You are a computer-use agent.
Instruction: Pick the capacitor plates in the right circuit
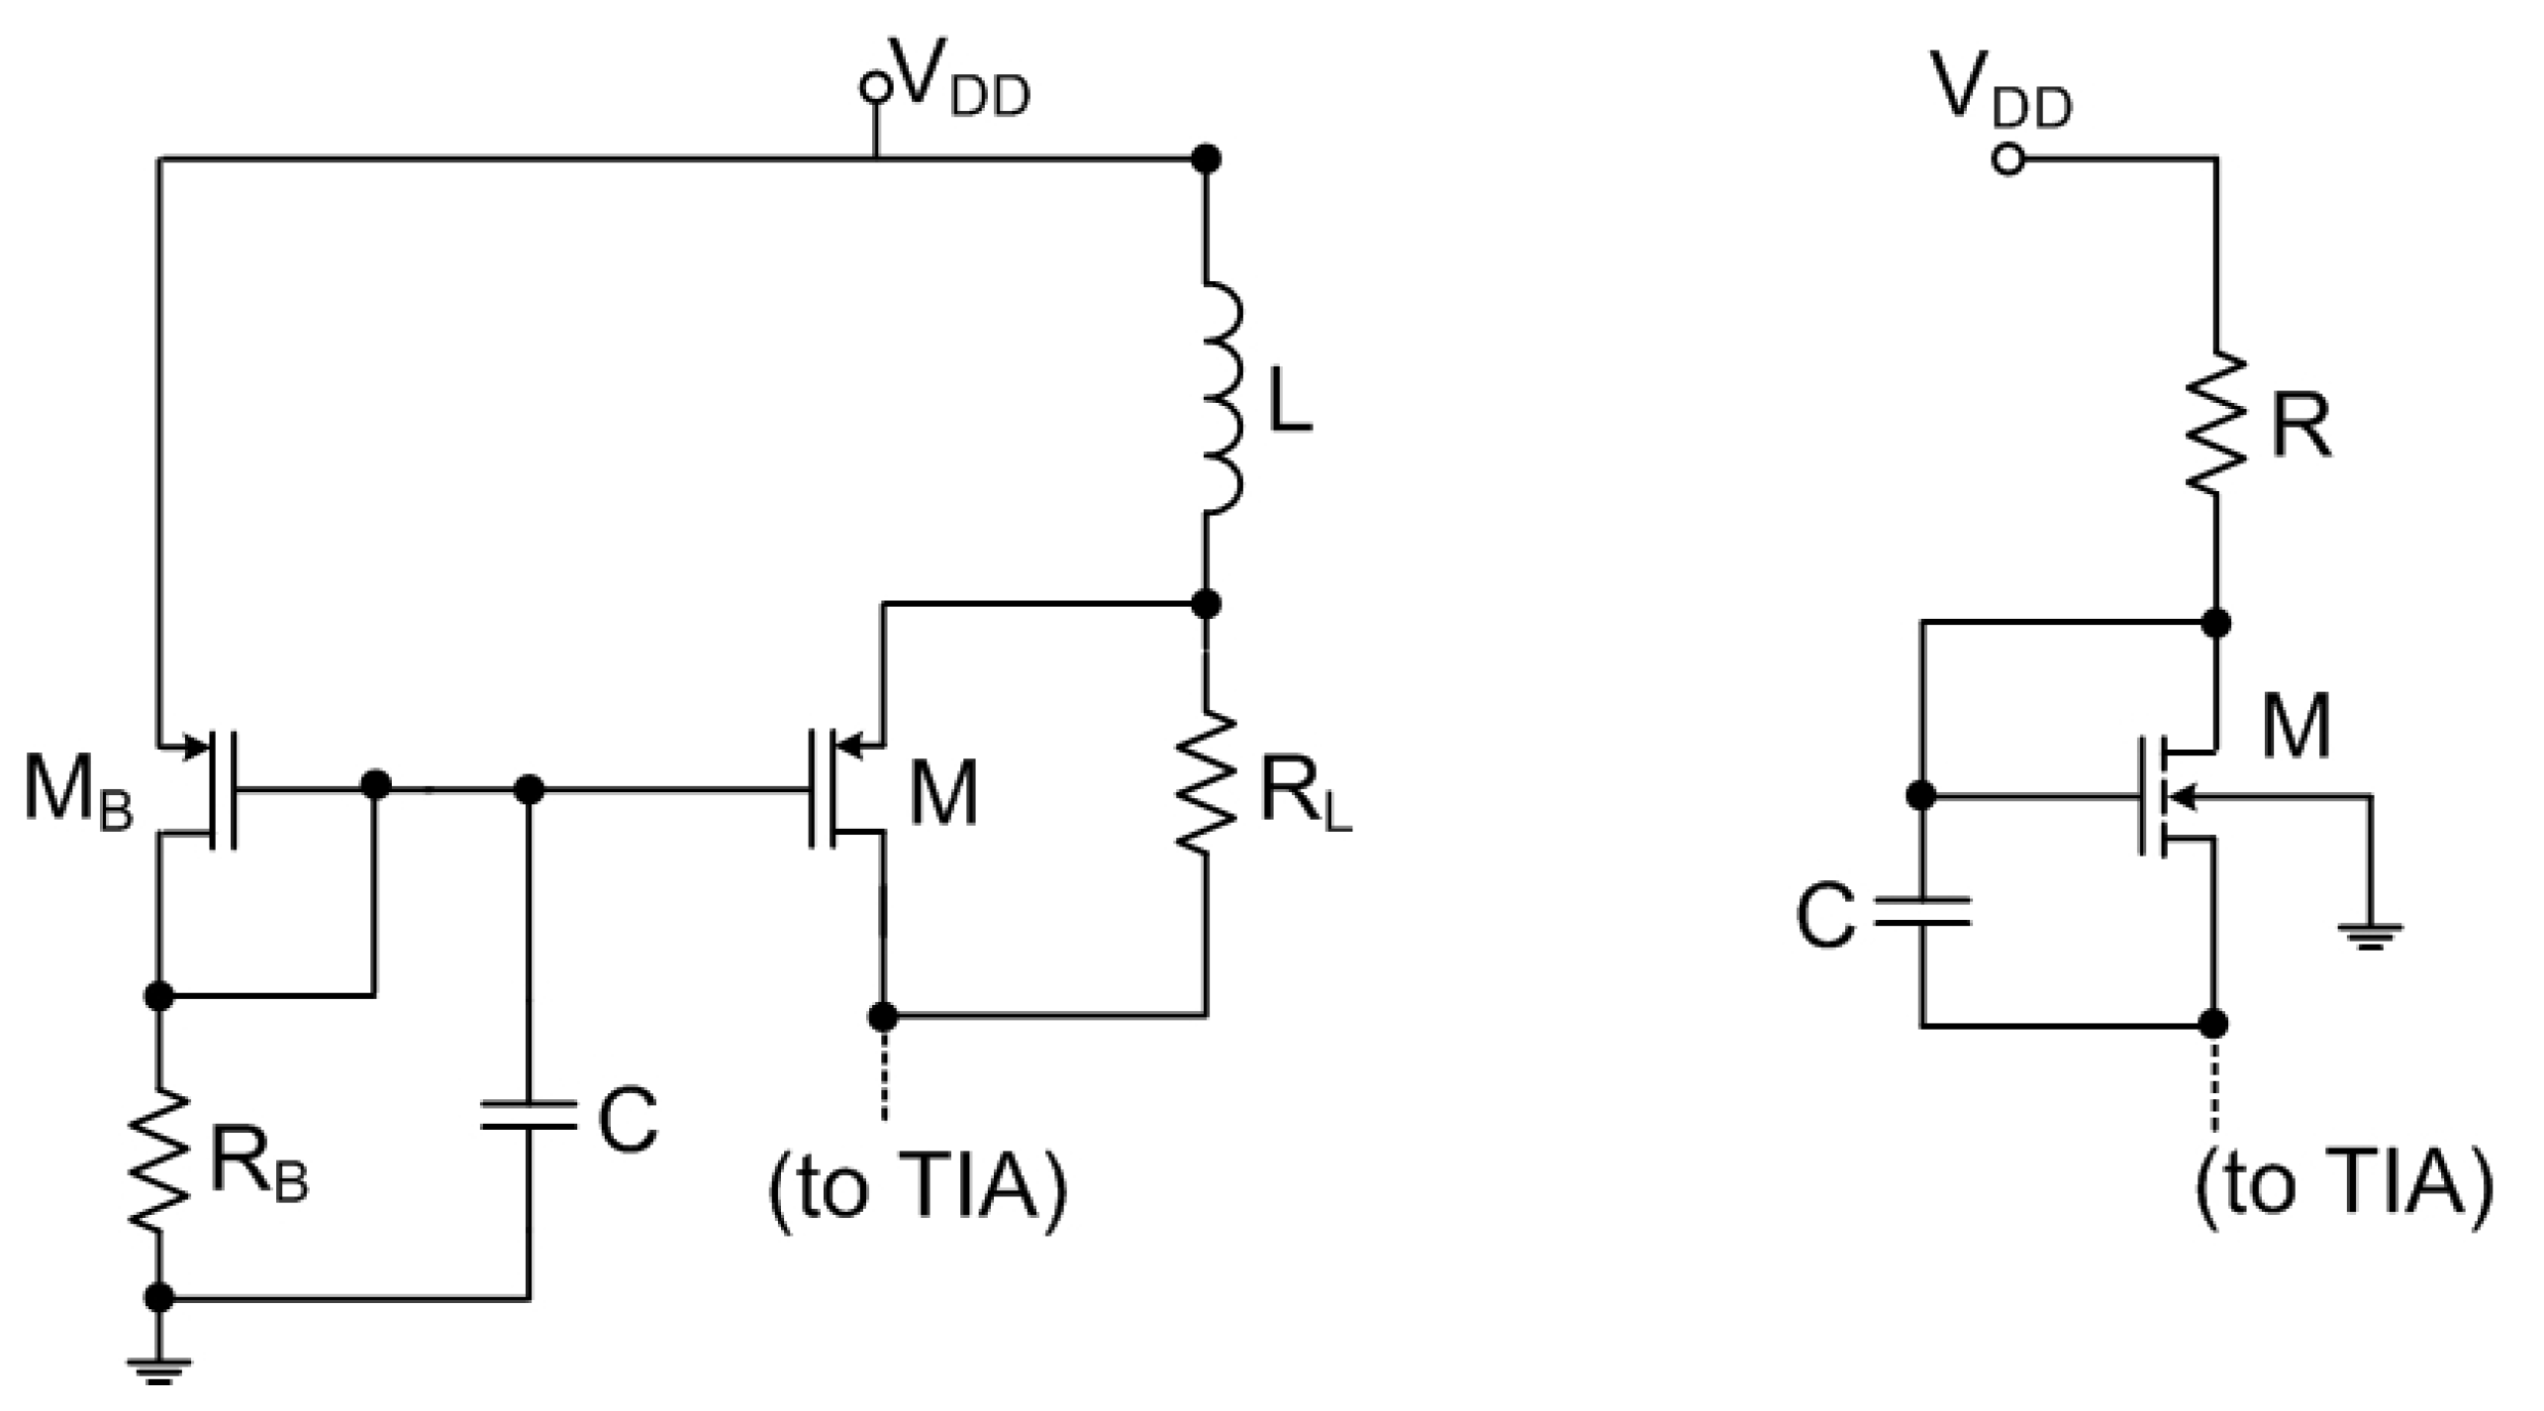(x=1921, y=912)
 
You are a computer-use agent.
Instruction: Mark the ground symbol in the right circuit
(x=2369, y=935)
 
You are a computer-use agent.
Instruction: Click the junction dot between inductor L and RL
(x=1205, y=603)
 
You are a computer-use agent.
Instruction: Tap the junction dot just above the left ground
(x=158, y=1297)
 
